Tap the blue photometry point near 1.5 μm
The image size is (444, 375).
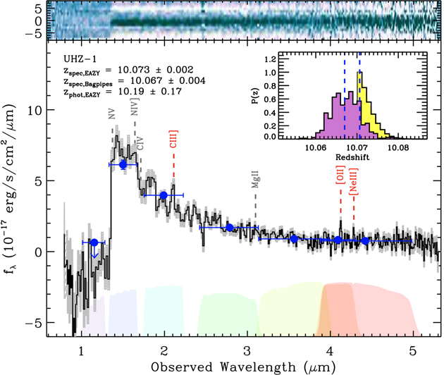coord(123,164)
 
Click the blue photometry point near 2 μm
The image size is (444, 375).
coord(164,195)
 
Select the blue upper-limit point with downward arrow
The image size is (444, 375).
coord(94,243)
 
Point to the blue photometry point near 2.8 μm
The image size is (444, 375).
coord(230,227)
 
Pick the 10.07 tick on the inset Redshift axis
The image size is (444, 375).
coord(359,149)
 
